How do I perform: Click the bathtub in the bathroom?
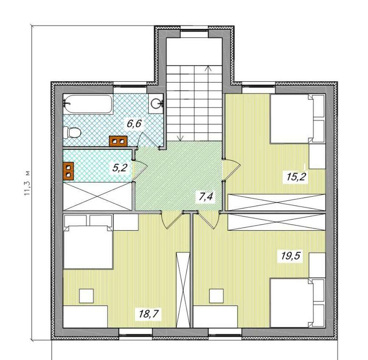pyautogui.click(x=88, y=103)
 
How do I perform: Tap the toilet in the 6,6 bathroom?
pyautogui.click(x=72, y=132)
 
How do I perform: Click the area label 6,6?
pyautogui.click(x=134, y=123)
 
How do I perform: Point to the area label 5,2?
pyautogui.click(x=120, y=168)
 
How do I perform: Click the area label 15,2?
pyautogui.click(x=296, y=177)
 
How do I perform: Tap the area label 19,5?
pyautogui.click(x=291, y=256)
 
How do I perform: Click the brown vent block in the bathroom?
pyautogui.click(x=118, y=141)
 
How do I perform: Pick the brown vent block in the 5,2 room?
pyautogui.click(x=68, y=171)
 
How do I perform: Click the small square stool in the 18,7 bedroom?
pyautogui.click(x=86, y=296)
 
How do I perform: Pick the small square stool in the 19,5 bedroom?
pyautogui.click(x=216, y=296)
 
